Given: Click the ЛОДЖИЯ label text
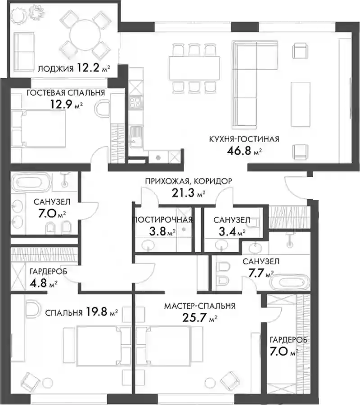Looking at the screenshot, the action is [x=56, y=69].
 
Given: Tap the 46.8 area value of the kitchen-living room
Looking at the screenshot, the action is [x=238, y=151].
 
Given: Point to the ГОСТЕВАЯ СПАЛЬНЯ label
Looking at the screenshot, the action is [x=66, y=93].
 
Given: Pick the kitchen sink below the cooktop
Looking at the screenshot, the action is [x=136, y=137].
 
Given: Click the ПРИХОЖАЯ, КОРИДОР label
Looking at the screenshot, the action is [x=189, y=181].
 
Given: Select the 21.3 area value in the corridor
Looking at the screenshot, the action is [x=183, y=193].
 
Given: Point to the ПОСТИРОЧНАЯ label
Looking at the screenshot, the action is [x=162, y=220].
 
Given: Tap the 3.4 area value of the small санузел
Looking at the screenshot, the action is [x=228, y=231].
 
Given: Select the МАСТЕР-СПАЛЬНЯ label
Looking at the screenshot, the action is [x=200, y=306].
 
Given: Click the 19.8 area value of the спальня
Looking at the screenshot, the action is [x=96, y=312].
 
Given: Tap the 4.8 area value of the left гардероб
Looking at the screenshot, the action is [x=39, y=283].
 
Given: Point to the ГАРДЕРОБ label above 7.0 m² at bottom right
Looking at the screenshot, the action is [x=288, y=340].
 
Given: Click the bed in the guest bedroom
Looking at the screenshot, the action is [x=39, y=129].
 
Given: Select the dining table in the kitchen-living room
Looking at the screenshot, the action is [x=194, y=68].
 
